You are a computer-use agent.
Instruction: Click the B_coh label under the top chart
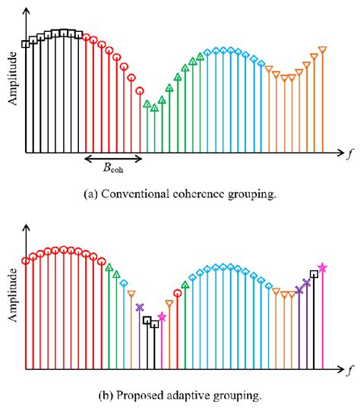pos(111,170)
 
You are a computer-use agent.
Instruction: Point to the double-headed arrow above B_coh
pos(112,159)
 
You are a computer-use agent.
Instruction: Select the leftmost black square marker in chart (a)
pos(26,44)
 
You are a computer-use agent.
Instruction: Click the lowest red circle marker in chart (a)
pos(140,91)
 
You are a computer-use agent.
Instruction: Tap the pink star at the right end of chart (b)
pos(323,267)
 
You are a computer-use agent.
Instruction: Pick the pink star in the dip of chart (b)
pos(162,317)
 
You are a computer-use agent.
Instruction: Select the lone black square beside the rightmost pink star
pos(314,275)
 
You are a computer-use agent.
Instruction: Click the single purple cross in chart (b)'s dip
pos(139,307)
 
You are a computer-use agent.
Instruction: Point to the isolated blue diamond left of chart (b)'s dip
pos(124,283)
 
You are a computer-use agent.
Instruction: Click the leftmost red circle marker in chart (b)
pos(26,260)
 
